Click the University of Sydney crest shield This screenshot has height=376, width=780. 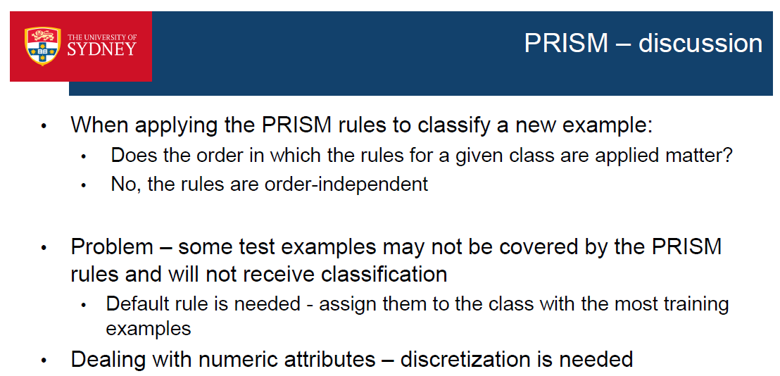[42, 46]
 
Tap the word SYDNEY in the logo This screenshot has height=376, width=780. [101, 49]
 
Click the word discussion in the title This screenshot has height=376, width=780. [700, 43]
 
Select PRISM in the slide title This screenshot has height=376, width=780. [566, 43]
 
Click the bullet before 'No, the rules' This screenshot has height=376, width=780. [84, 185]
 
